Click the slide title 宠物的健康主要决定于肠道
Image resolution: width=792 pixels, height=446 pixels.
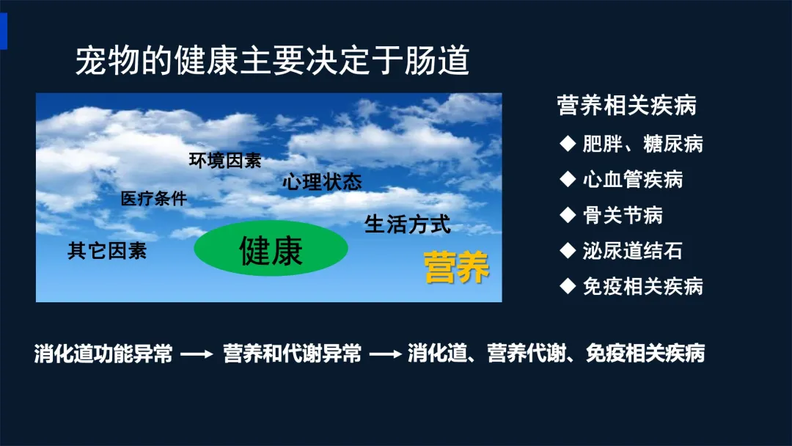tap(273, 60)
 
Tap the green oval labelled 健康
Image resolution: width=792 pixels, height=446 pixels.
tap(271, 248)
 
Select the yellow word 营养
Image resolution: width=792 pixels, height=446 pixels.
tap(457, 267)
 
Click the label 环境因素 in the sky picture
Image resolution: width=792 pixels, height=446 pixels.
tap(225, 160)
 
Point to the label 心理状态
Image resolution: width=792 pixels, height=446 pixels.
tap(322, 182)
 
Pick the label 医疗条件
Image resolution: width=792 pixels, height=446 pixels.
tap(153, 199)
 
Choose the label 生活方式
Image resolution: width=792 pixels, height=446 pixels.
tap(407, 224)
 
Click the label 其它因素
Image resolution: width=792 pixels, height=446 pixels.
tap(107, 251)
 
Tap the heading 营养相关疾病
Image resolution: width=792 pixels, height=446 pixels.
tap(627, 106)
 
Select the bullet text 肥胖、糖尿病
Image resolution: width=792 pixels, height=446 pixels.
tap(642, 144)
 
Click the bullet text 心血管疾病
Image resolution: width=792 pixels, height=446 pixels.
tap(632, 179)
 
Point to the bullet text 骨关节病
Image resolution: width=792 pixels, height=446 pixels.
tap(623, 215)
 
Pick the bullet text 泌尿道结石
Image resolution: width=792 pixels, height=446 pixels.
tap(632, 251)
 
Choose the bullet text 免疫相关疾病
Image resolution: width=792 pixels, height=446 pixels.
tap(642, 286)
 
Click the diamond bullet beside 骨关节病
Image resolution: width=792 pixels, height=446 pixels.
tap(568, 215)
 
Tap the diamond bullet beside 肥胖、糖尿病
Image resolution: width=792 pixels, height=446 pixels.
tap(568, 144)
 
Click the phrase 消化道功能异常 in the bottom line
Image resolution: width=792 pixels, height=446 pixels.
tap(103, 354)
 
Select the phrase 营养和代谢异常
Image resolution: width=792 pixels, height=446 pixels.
tap(292, 354)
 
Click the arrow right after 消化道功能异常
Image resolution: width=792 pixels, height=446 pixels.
tap(197, 354)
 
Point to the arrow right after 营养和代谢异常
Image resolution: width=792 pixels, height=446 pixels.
tap(386, 354)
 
